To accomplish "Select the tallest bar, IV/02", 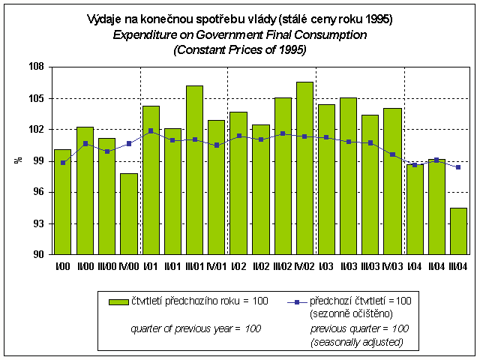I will (304, 168).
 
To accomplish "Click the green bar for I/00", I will (63, 202).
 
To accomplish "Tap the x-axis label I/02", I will (238, 265).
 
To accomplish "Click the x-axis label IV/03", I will (392, 265).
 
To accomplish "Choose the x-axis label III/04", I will (458, 265).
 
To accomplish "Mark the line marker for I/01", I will (151, 131).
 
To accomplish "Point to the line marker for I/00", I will (63, 163).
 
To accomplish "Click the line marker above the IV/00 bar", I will (129, 143).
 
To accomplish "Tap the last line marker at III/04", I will (458, 167).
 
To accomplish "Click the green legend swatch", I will (118, 301).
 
